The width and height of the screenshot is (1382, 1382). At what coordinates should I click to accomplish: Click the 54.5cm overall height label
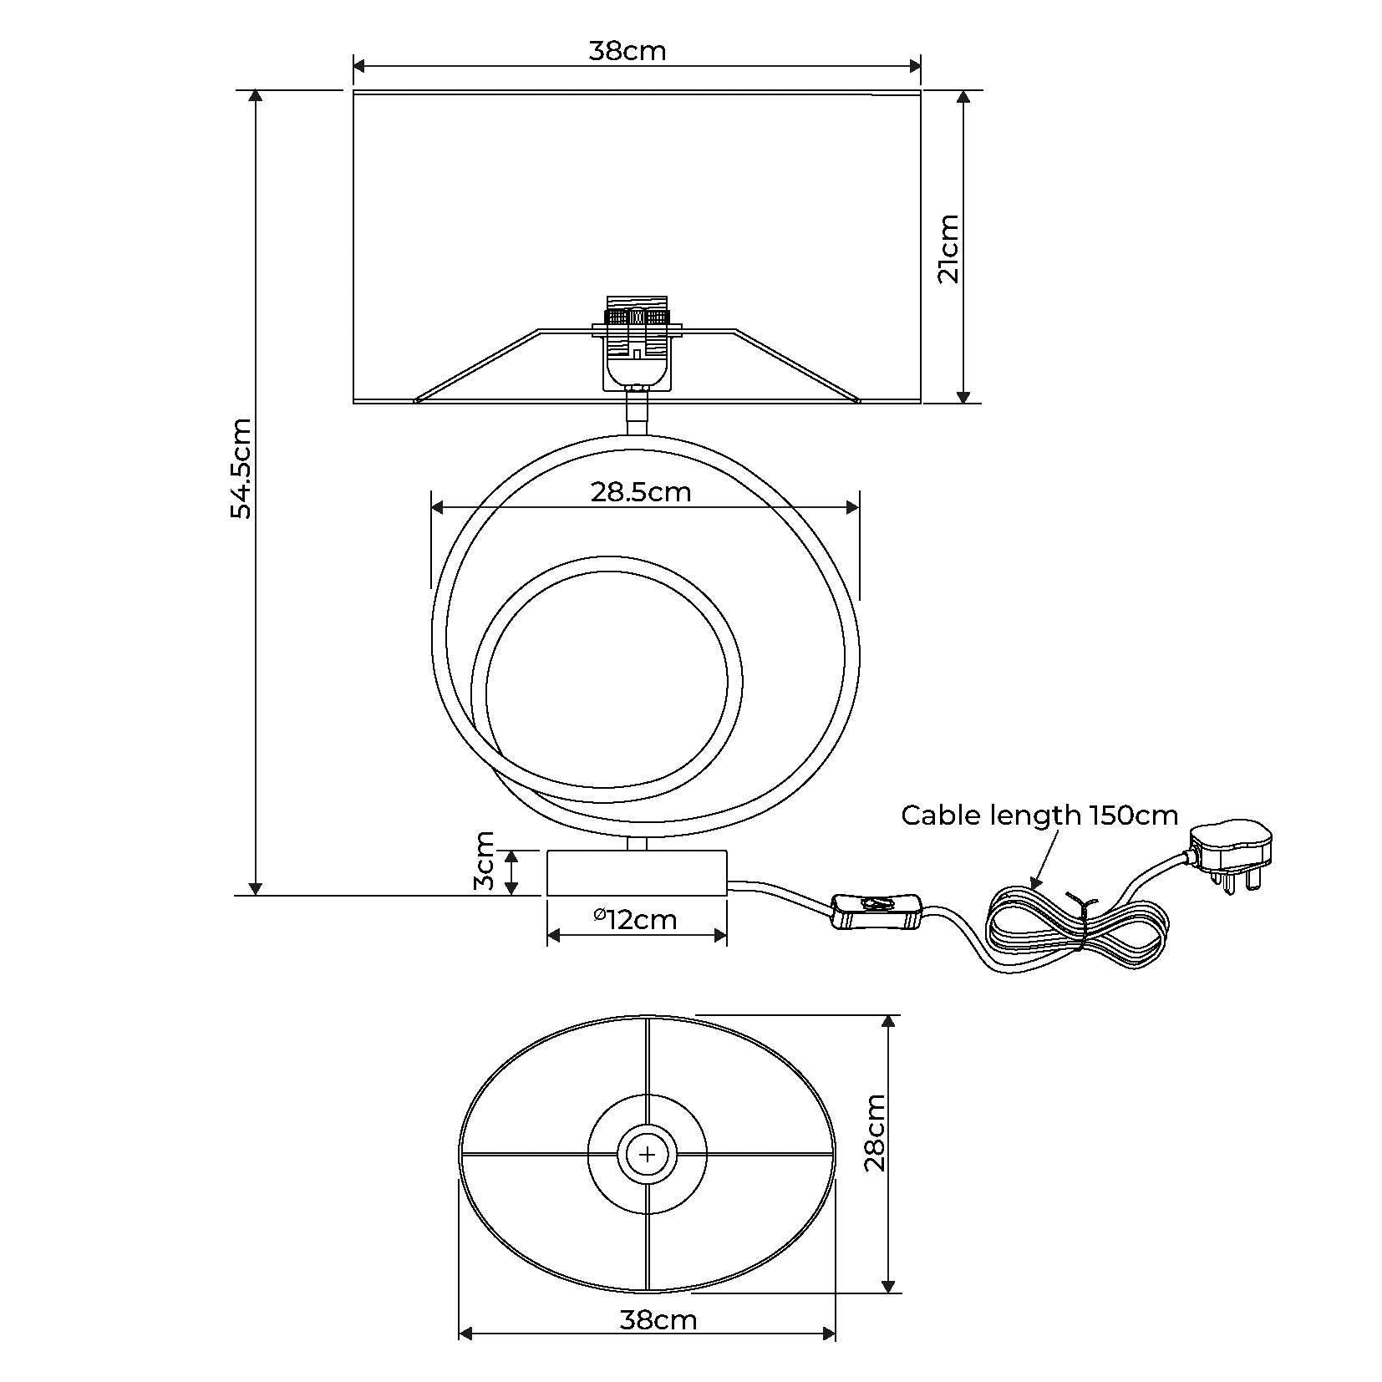pyautogui.click(x=241, y=469)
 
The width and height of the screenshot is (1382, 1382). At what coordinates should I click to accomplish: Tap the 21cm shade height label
pyautogui.click(x=948, y=248)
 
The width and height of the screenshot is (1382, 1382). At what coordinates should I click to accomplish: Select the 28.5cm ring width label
pyautogui.click(x=641, y=492)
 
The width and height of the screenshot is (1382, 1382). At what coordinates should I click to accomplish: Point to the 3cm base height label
pyautogui.click(x=485, y=861)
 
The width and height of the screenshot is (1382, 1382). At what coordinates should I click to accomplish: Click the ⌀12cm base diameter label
pyautogui.click(x=635, y=920)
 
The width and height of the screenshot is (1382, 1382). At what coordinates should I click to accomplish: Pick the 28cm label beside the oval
pyautogui.click(x=874, y=1133)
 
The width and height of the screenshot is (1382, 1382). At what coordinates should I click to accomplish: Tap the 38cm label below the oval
pyautogui.click(x=658, y=1320)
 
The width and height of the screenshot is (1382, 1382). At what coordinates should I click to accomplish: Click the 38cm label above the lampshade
pyautogui.click(x=627, y=51)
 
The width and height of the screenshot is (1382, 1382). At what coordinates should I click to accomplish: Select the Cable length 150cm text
pyautogui.click(x=1039, y=815)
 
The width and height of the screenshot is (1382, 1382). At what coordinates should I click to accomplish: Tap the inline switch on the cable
pyautogui.click(x=876, y=911)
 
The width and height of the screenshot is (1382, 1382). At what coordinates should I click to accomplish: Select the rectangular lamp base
pyautogui.click(x=637, y=873)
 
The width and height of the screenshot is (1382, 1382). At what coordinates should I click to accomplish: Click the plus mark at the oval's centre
pyautogui.click(x=648, y=1155)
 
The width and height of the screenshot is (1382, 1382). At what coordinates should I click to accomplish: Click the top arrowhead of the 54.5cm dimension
pyautogui.click(x=256, y=95)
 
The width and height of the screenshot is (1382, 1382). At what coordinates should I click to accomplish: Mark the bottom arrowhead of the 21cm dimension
pyautogui.click(x=963, y=397)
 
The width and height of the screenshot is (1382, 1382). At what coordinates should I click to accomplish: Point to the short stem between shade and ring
pyautogui.click(x=637, y=414)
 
